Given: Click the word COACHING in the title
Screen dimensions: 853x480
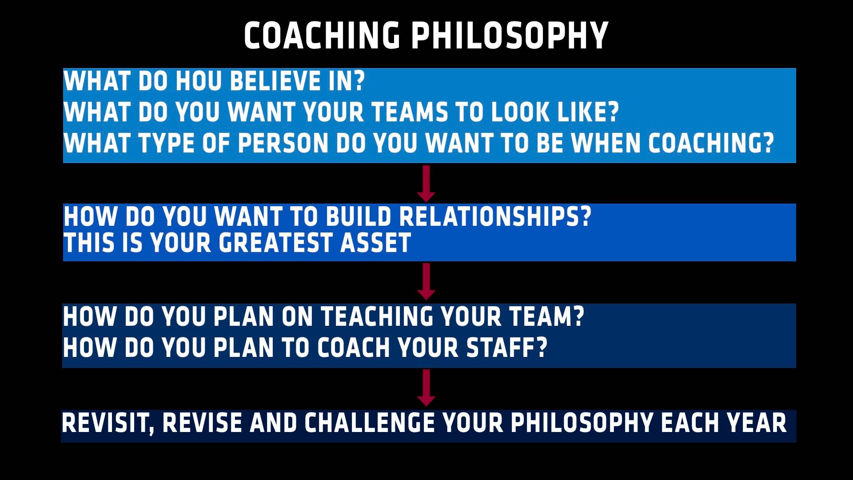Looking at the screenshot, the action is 322,36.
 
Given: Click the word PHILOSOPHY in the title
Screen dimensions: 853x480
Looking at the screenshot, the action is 510,36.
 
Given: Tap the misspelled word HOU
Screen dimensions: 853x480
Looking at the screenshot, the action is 199,81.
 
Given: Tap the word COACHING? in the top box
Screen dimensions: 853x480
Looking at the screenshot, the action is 711,143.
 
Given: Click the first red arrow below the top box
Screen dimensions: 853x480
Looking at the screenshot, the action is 426,184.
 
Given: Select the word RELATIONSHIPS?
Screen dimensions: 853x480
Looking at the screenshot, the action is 495,216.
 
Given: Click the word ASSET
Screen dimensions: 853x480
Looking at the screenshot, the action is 375,243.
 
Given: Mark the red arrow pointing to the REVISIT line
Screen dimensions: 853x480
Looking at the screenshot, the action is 426,388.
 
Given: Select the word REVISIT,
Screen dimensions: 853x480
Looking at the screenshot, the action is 108,423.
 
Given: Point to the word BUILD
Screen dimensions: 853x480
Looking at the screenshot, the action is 358,216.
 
